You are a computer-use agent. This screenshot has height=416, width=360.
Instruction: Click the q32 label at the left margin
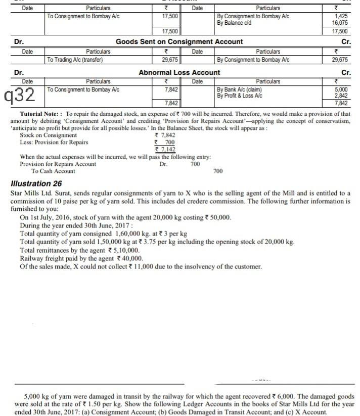pos(19,94)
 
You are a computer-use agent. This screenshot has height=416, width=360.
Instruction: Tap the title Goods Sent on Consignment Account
pos(179,41)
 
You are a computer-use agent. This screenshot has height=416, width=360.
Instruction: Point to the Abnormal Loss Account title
pos(179,72)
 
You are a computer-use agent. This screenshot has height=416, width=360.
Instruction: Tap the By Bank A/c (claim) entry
pos(235,89)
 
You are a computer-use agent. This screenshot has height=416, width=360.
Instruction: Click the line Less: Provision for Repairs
pos(54,142)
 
